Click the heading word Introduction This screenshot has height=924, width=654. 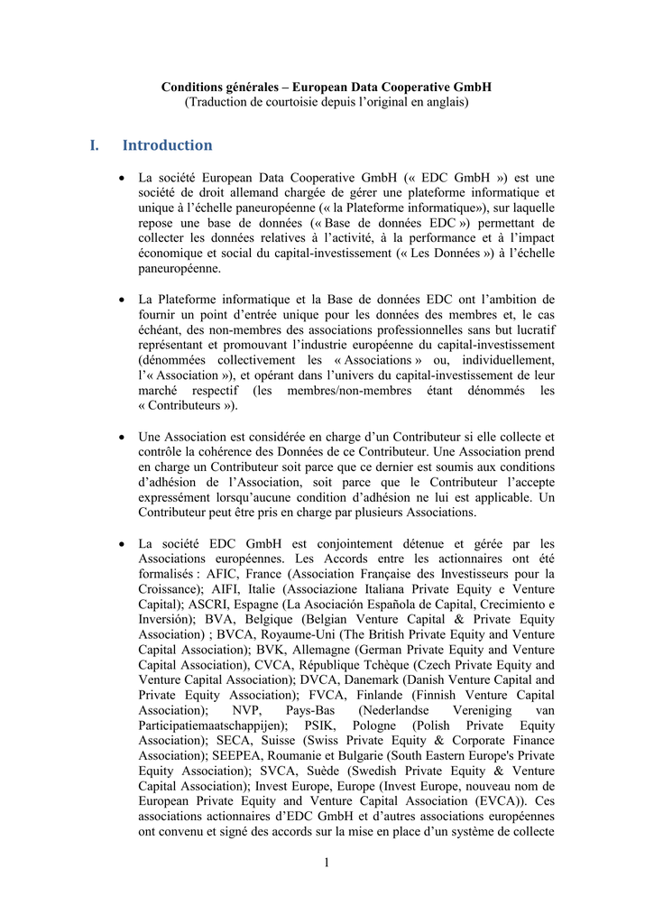coord(167,145)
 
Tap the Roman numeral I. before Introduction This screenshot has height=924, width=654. coord(95,145)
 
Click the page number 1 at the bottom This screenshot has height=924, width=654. coord(327,864)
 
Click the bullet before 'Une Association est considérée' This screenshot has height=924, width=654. coord(122,438)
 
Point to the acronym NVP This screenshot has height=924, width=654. coord(247,709)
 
